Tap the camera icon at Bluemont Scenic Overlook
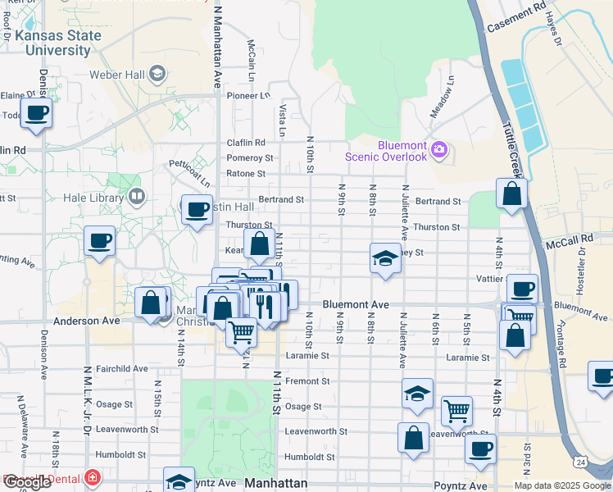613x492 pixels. pyautogui.click(x=439, y=150)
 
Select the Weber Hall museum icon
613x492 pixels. pyautogui.click(x=156, y=75)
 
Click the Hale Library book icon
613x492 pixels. pyautogui.click(x=136, y=197)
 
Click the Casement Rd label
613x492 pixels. pyautogui.click(x=516, y=16)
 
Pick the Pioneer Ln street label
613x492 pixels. pyautogui.click(x=248, y=95)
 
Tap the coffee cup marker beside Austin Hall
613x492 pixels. pyautogui.click(x=197, y=210)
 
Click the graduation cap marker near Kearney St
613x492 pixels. pyautogui.click(x=385, y=259)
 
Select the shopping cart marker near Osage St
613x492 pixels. pyautogui.click(x=456, y=410)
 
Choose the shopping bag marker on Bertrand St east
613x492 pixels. pyautogui.click(x=511, y=194)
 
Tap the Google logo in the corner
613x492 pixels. pyautogui.click(x=27, y=482)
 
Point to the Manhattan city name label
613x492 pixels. pyautogui.click(x=276, y=483)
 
